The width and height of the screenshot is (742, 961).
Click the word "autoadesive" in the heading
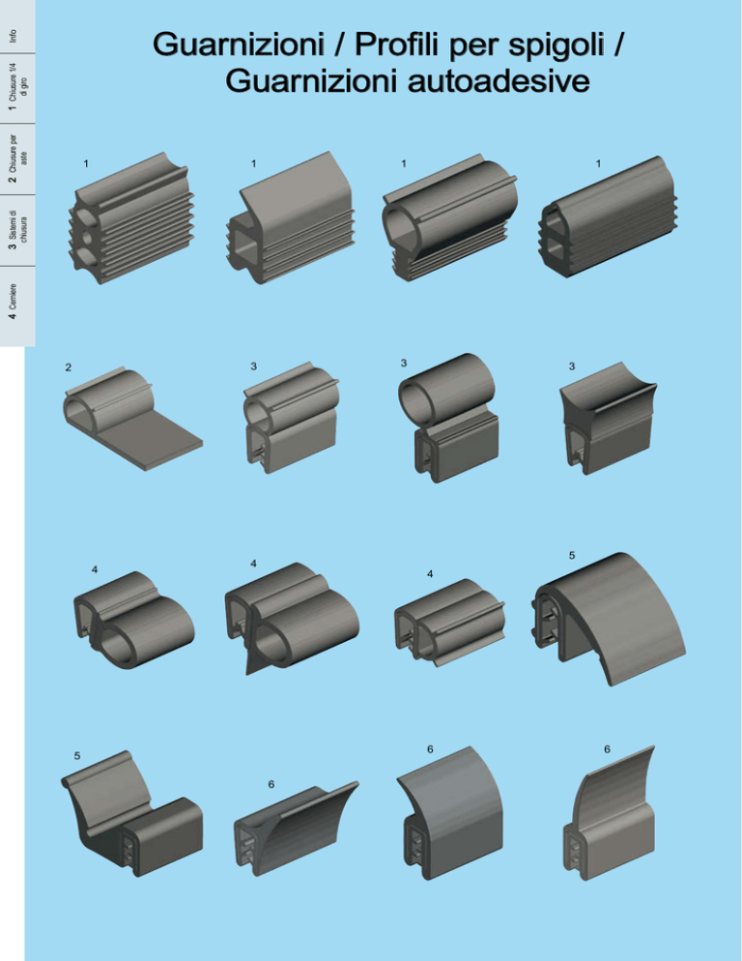tap(499, 81)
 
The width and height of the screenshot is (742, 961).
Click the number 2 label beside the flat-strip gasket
tap(68, 367)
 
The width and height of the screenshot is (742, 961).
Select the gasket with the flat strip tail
tap(132, 420)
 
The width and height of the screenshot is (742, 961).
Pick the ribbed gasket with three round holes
tap(131, 218)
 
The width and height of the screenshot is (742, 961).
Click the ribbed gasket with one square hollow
tap(290, 218)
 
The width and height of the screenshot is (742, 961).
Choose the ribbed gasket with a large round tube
tap(449, 218)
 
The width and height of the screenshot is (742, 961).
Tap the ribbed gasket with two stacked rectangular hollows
tap(609, 217)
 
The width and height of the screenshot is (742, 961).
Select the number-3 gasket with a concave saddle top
tap(609, 418)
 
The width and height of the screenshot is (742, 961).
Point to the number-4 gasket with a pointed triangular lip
tap(293, 619)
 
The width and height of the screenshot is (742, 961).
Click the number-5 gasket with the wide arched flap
tap(609, 619)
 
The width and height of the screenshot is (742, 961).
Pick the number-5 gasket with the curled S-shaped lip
tap(131, 813)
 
